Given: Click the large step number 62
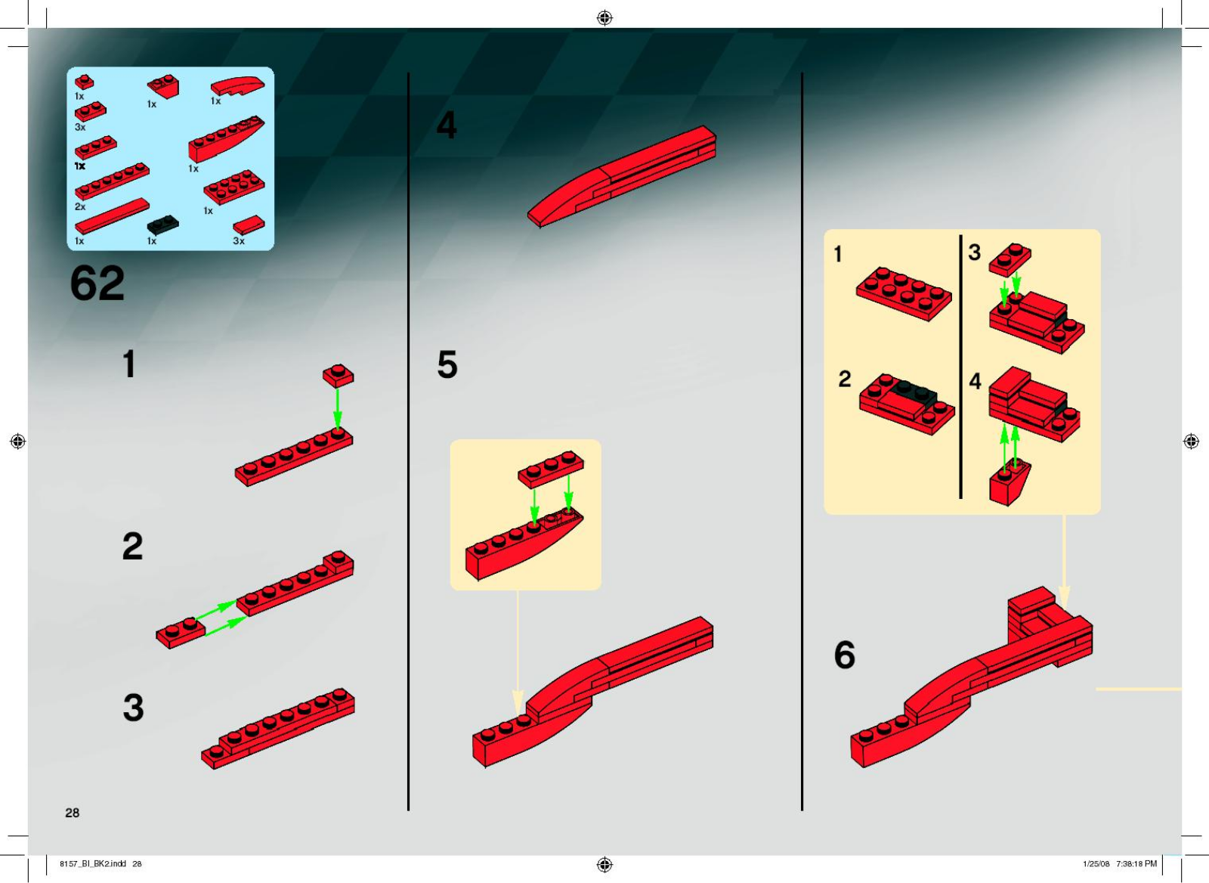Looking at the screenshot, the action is [x=97, y=283].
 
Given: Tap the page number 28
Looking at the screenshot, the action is [x=72, y=813].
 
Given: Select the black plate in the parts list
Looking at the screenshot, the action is [x=162, y=225].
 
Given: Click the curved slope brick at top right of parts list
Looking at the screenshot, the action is [x=237, y=85].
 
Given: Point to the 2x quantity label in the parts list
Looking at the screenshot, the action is [x=80, y=206].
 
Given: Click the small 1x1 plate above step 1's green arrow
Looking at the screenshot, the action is [x=338, y=374].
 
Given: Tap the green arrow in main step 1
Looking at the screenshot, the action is [x=338, y=408].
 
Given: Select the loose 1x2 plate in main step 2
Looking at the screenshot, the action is [x=180, y=634].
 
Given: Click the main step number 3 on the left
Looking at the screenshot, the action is [x=133, y=708].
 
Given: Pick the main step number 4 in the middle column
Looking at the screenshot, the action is [x=447, y=125].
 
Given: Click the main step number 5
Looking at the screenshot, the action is [x=447, y=365].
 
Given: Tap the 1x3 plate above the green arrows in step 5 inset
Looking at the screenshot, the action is [x=550, y=468].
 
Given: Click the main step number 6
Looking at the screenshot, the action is [x=844, y=655].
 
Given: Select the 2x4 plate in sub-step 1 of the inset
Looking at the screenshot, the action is [x=904, y=293].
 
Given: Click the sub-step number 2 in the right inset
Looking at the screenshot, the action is [x=844, y=379].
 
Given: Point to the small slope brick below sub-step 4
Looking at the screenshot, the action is [x=1010, y=484].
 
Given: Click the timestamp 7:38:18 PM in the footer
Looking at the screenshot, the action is [x=1136, y=863].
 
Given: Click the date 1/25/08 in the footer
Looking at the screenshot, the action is [x=1096, y=863].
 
